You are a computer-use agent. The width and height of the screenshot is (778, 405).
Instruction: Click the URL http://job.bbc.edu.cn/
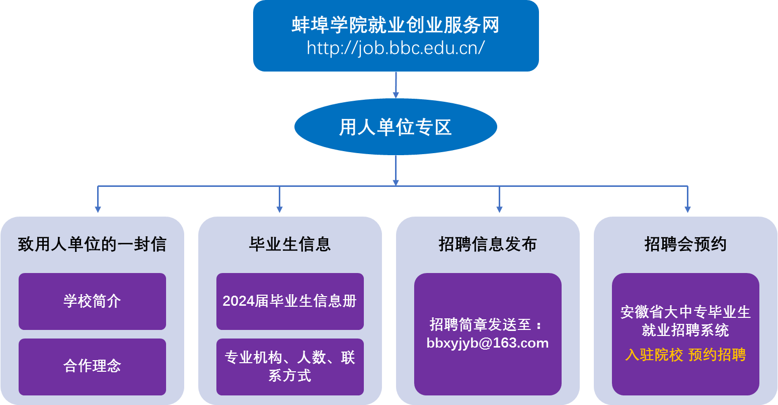[396, 48]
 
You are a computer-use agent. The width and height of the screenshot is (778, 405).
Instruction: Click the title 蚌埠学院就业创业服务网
[396, 25]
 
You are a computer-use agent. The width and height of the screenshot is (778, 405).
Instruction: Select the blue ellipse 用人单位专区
[396, 127]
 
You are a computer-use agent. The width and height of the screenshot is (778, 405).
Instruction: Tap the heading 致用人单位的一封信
[92, 244]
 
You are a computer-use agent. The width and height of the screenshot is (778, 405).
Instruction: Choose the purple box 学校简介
[92, 301]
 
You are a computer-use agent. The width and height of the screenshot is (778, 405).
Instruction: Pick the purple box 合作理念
[92, 366]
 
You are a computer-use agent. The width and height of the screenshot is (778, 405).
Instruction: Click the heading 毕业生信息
[290, 244]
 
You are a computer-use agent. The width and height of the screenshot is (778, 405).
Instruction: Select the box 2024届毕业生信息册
[290, 301]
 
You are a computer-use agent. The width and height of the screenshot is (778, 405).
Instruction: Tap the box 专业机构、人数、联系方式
[290, 367]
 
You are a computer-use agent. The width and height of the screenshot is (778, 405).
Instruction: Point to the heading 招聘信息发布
[488, 244]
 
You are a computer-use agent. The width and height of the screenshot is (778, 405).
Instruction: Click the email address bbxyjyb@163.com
[488, 343]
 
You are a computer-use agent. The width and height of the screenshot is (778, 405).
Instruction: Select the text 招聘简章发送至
[481, 324]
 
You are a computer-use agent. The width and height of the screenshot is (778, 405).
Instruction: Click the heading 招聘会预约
[685, 244]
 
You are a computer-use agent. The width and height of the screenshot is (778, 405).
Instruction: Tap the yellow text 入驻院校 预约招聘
[685, 355]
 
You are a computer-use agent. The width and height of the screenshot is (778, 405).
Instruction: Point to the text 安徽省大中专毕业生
[685, 312]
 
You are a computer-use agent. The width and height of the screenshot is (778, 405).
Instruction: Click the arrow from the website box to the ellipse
[396, 85]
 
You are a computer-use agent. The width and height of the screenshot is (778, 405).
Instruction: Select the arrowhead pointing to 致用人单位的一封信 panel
[98, 209]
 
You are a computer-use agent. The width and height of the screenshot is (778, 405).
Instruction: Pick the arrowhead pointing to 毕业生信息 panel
[279, 209]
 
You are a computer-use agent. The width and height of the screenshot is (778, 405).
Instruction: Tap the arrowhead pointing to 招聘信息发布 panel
[499, 209]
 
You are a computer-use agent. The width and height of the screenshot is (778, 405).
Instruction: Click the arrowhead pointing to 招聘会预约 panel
[687, 209]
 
